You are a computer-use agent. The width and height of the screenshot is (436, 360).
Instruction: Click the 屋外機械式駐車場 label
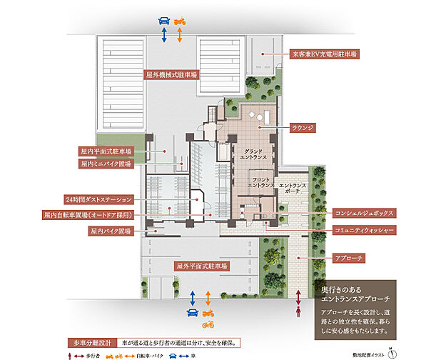point(171,74)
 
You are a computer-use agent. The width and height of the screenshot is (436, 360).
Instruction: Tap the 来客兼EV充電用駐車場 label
point(325,54)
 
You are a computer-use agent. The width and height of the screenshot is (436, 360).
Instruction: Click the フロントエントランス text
point(261,181)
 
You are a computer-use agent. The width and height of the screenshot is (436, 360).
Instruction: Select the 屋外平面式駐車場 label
point(202,266)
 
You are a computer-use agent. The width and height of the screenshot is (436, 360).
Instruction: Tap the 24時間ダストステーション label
point(98,198)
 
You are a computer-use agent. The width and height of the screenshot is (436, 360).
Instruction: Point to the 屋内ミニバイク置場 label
point(105,163)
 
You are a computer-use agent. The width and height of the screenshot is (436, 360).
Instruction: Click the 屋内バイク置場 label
point(110,231)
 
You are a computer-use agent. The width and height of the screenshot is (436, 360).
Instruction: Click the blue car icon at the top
point(164,21)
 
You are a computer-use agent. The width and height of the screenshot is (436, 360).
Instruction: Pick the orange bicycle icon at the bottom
point(209,325)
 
